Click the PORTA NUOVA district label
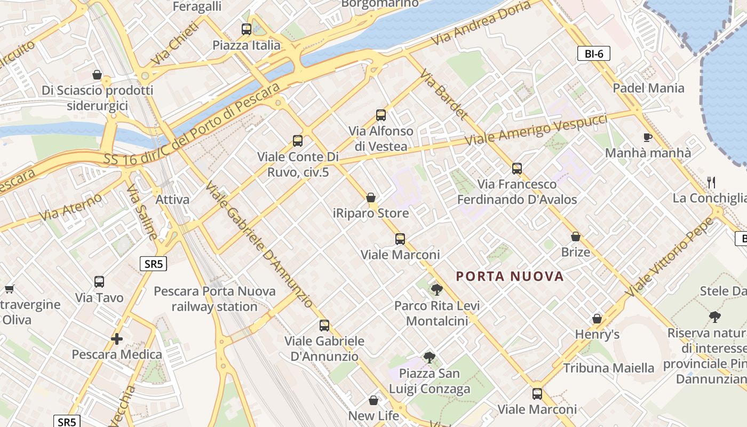pos(510,276)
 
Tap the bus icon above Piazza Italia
pos(246,29)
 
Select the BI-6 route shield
pos(593,53)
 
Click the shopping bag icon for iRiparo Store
pos(371,197)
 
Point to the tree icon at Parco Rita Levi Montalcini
pos(436,290)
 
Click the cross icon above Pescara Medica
pos(117,338)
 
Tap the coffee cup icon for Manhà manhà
pos(648,137)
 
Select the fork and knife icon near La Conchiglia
pos(711,183)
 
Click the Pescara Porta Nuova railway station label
pos(214,299)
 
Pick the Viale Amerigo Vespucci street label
pos(536,130)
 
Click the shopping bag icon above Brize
pos(576,236)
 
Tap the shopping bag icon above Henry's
pos(597,319)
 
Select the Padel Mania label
pos(648,88)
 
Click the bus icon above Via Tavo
pos(99,281)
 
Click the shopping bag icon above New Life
pos(373,400)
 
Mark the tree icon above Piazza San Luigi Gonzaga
pos(429,358)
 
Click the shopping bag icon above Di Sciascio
pos(97,74)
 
